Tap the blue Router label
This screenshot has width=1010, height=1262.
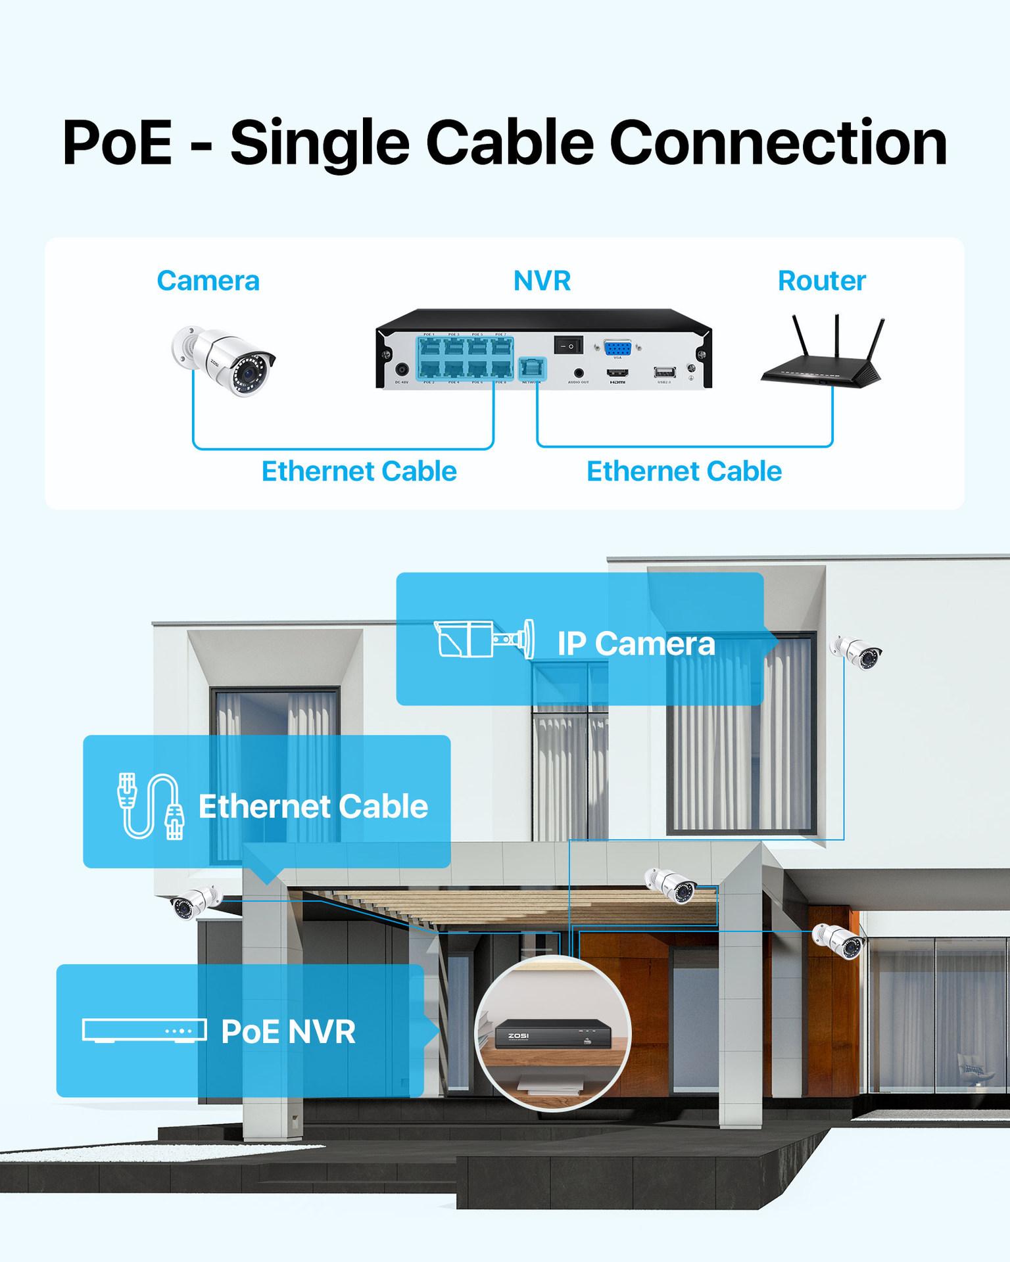click(821, 281)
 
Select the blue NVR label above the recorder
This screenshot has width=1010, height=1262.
click(542, 281)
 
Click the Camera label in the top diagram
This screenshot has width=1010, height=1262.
click(208, 281)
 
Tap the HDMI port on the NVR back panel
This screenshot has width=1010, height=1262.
click(617, 372)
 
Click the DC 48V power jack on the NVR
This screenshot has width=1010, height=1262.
click(402, 371)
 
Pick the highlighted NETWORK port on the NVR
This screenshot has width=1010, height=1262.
click(531, 367)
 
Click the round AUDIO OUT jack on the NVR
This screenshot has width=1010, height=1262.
click(579, 372)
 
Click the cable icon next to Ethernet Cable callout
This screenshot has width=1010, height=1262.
click(150, 806)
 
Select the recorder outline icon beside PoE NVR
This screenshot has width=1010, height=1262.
click(144, 1031)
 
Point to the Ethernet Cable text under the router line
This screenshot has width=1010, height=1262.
click(684, 472)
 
